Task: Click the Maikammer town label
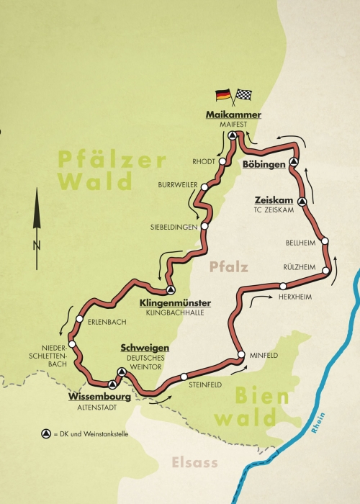(x=233, y=115)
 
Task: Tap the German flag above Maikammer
(x=223, y=94)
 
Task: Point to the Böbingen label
(x=265, y=165)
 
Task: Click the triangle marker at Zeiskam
(x=302, y=202)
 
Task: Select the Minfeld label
(x=263, y=356)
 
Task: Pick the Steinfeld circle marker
(x=184, y=376)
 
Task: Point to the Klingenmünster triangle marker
(x=171, y=290)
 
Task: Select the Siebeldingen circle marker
(x=204, y=226)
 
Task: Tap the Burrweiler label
(x=178, y=186)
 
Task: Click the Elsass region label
(x=194, y=463)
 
